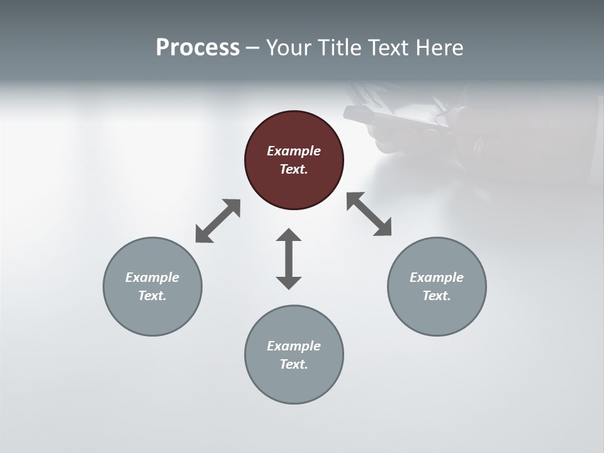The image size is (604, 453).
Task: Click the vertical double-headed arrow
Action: click(x=289, y=259)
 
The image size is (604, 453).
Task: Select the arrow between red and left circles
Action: click(x=218, y=221)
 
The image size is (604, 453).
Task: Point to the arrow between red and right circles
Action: click(x=369, y=215)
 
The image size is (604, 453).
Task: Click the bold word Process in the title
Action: click(x=198, y=47)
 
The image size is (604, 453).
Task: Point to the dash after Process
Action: click(x=253, y=48)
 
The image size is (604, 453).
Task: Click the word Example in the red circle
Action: click(x=294, y=151)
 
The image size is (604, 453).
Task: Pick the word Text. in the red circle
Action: click(x=294, y=169)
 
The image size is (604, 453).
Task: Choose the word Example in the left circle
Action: click(x=152, y=277)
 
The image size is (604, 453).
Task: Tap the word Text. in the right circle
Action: click(x=437, y=296)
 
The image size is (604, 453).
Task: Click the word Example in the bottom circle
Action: click(x=294, y=346)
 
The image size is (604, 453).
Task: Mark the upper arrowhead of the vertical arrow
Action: click(x=289, y=235)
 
